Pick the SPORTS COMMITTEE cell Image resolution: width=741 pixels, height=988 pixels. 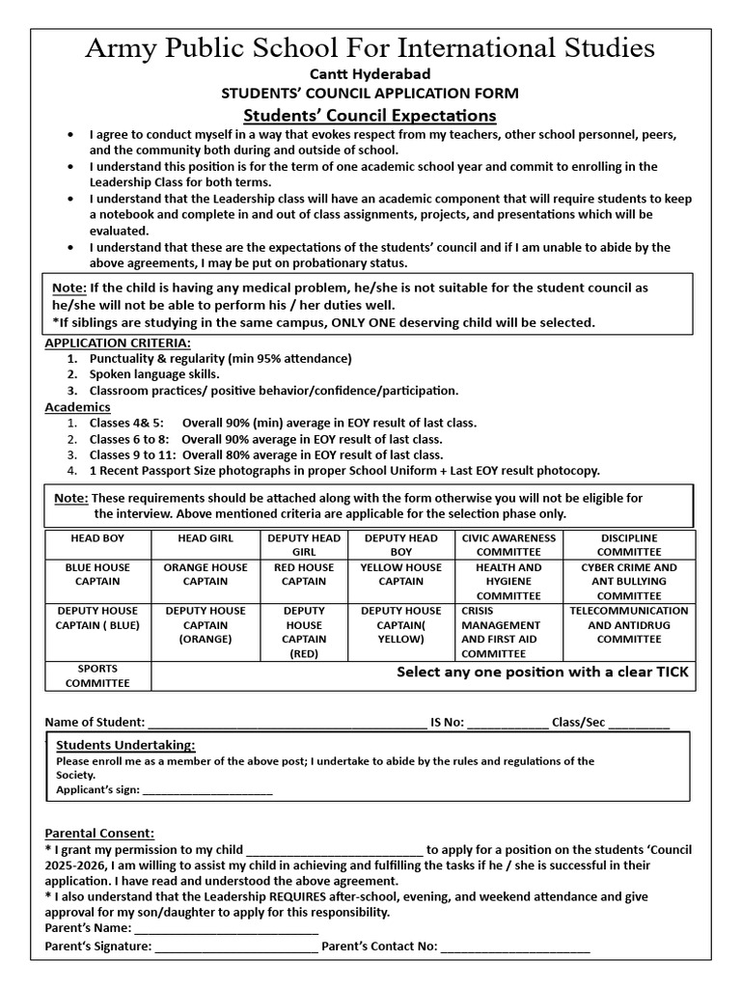click(x=97, y=675)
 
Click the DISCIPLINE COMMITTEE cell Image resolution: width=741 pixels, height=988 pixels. click(x=629, y=544)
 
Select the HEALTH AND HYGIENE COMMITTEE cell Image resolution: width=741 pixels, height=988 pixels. click(x=508, y=581)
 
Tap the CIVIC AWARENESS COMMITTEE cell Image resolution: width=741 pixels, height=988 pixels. click(x=508, y=544)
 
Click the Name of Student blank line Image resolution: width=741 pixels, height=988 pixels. click(x=287, y=723)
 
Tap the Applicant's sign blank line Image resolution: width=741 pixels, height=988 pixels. click(x=206, y=790)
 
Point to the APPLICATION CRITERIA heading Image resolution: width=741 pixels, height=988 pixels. click(x=118, y=343)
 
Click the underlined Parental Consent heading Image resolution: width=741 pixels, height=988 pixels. click(x=99, y=833)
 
